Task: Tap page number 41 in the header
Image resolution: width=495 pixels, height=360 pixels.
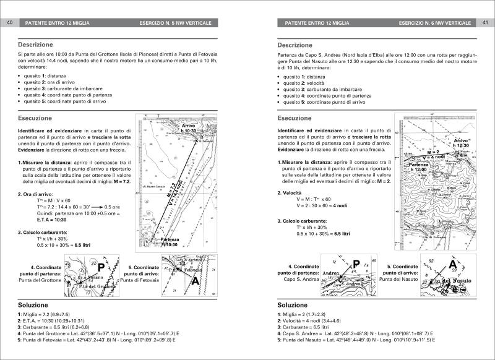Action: (485, 23)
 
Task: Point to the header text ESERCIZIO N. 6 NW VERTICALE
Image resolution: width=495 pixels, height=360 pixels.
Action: (437, 23)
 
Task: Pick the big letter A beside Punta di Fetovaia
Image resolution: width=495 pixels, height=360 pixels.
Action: (196, 280)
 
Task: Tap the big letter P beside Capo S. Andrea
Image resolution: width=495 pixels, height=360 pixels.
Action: (356, 265)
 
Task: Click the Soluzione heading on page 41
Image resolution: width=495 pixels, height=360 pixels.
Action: (295, 305)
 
